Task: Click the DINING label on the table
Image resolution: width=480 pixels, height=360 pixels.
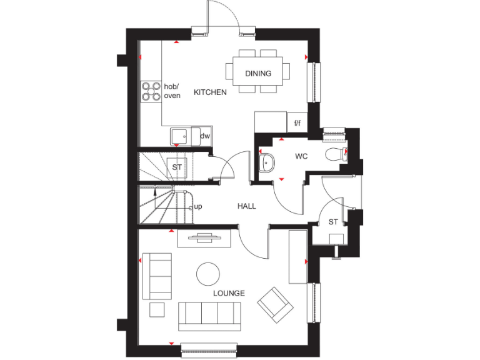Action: coord(258,74)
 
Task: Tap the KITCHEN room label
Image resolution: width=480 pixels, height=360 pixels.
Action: coord(210,92)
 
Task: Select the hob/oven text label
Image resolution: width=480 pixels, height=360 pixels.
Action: coord(172,91)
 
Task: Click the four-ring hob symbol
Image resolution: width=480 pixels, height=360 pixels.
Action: coord(151,91)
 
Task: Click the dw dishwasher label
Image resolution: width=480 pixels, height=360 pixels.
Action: coord(204,136)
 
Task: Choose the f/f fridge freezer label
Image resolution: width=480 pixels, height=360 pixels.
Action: coord(297,123)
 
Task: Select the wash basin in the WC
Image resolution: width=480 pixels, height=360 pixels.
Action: coord(266,163)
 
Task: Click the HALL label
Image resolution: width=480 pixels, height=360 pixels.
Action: coord(246,206)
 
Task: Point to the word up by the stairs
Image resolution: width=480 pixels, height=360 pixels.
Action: coord(199,207)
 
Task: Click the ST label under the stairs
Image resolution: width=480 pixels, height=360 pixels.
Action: coord(177,167)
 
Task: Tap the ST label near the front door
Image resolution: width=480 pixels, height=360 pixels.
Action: coord(333,222)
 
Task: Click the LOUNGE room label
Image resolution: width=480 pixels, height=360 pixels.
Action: coord(229,293)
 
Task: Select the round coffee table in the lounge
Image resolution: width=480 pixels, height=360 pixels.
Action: coord(208,274)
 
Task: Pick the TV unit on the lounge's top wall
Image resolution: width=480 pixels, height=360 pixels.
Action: coord(204,237)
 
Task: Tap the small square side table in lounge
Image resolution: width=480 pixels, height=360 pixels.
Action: coord(157,309)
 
